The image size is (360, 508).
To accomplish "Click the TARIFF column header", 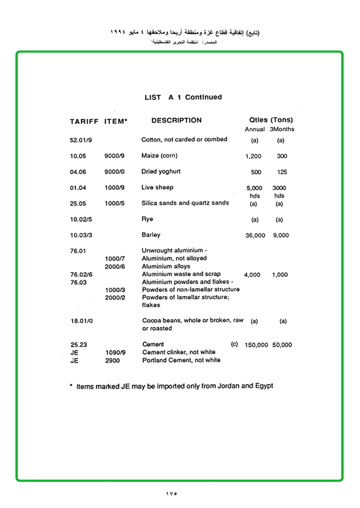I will pyautogui.click(x=84, y=121).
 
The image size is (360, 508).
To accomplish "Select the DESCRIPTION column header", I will pyautogui.click(x=176, y=120).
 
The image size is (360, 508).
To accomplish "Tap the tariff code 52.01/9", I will pyautogui.click(x=80, y=140).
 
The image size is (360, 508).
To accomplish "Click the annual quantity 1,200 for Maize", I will pyautogui.click(x=253, y=156).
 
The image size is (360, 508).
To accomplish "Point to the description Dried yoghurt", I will pyautogui.click(x=161, y=172).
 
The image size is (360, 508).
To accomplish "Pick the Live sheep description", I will pyautogui.click(x=157, y=188).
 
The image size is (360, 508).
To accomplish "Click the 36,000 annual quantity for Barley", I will pyautogui.click(x=255, y=235).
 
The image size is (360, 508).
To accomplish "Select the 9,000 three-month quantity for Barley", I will pyautogui.click(x=281, y=235).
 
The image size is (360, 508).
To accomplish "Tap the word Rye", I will pyautogui.click(x=147, y=219).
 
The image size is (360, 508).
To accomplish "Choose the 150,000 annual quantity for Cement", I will pyautogui.click(x=256, y=345).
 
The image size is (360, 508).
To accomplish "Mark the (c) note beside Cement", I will pyautogui.click(x=234, y=344).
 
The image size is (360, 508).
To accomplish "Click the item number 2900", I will pyautogui.click(x=112, y=361).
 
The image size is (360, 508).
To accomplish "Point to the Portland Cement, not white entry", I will pyautogui.click(x=181, y=360).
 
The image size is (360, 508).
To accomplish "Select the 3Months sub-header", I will pyautogui.click(x=282, y=129).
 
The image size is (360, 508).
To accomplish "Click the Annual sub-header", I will pyautogui.click(x=255, y=129).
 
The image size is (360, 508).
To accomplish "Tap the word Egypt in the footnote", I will pyautogui.click(x=263, y=386).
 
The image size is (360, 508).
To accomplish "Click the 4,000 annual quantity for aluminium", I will pyautogui.click(x=252, y=275).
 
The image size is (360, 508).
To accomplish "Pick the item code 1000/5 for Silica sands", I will pyautogui.click(x=115, y=203).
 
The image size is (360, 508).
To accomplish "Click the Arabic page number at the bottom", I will pyautogui.click(x=172, y=493).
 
